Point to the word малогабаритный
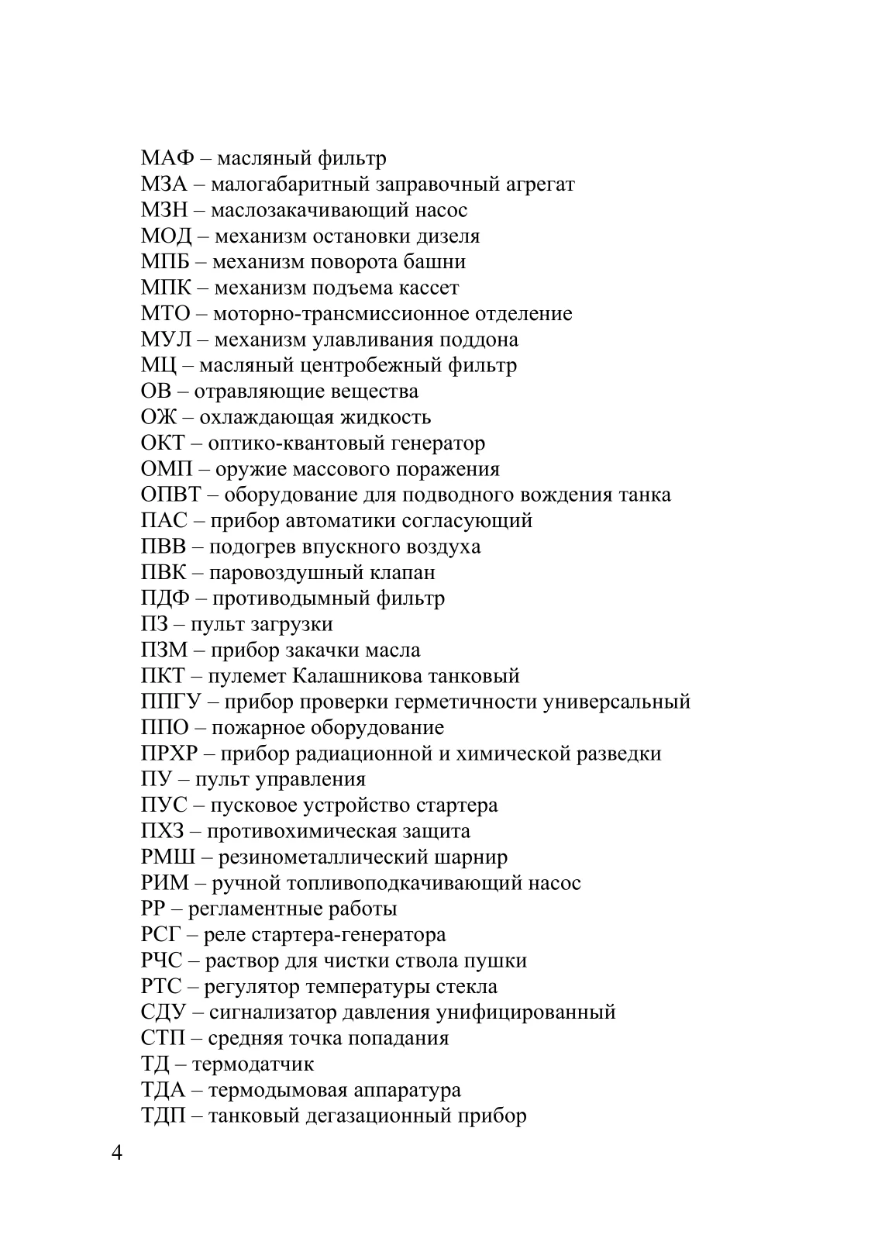coord(293,185)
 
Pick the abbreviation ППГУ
coord(171,702)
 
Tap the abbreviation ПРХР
coord(170,754)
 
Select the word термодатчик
coord(253,1064)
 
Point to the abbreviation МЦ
coord(157,365)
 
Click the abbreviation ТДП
coord(164,1116)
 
